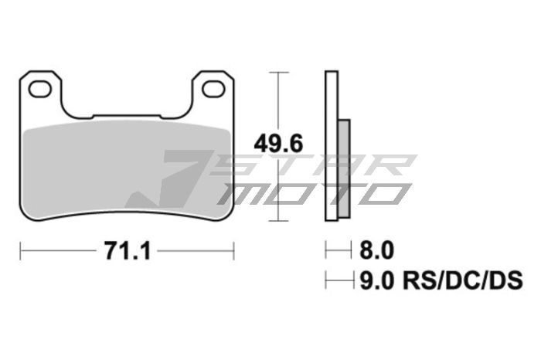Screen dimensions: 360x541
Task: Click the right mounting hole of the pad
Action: (x=211, y=90)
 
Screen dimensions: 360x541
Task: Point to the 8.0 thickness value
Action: (x=377, y=250)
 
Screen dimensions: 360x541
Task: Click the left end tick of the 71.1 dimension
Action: (x=21, y=250)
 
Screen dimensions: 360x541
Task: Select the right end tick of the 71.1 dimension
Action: (x=233, y=250)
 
